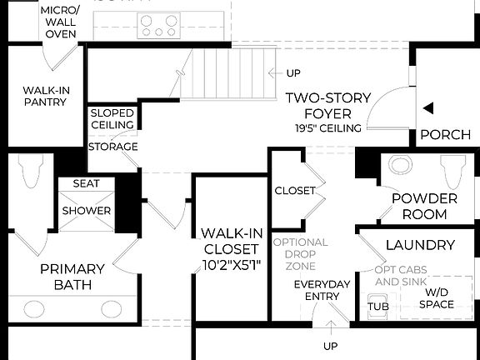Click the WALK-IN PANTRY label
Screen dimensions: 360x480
tap(45, 97)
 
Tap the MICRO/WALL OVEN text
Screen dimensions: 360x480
tap(60, 22)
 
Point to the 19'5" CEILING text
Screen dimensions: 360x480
tap(327, 128)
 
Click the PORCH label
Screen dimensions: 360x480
tap(445, 135)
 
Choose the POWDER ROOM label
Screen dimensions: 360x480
tap(424, 206)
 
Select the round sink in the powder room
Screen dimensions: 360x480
tap(401, 164)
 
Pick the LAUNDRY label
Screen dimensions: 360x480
tap(421, 245)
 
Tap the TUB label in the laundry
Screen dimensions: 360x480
tap(378, 306)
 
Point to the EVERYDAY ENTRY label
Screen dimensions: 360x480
tap(316, 291)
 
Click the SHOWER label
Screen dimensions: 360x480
tap(86, 211)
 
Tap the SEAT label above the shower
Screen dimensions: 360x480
tap(86, 183)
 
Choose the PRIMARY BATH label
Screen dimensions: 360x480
tap(73, 277)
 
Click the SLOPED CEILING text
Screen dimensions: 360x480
tap(112, 119)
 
